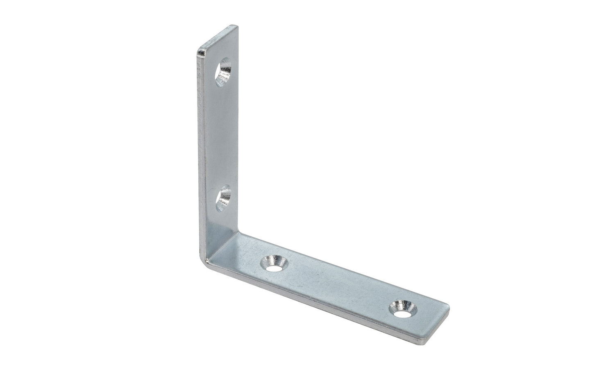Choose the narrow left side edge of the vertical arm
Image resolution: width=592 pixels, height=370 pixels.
coord(200,156)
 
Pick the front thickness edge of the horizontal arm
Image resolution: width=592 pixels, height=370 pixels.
coord(311,303)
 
